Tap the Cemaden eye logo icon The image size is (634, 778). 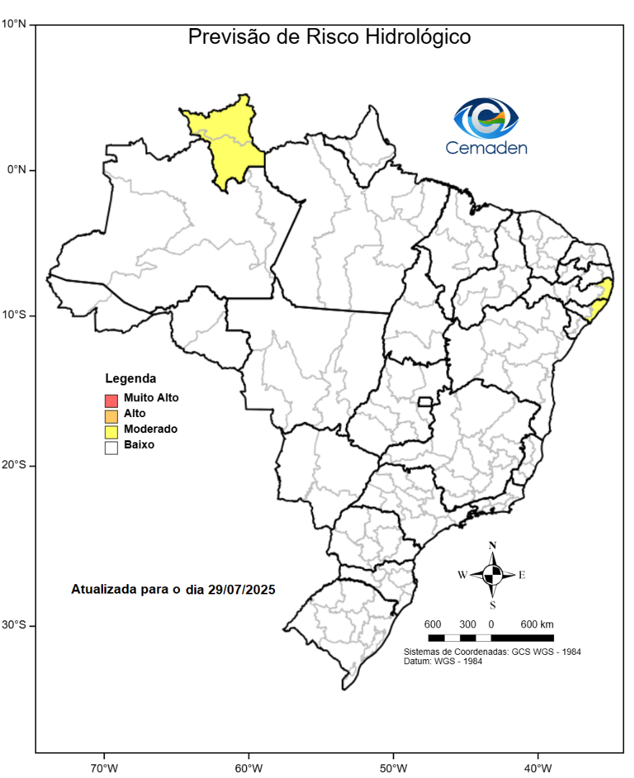click(x=486, y=118)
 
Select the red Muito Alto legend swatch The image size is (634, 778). click(x=110, y=399)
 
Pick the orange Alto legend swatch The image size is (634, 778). click(x=110, y=415)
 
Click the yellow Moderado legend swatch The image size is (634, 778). click(x=110, y=431)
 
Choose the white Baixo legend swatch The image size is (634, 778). click(x=110, y=447)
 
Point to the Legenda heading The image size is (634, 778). click(x=130, y=378)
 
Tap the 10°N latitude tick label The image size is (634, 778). click(x=14, y=24)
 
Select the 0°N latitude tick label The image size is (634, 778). click(x=17, y=169)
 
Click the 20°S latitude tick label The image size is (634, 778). click(x=14, y=465)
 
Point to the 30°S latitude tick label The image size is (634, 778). click(x=14, y=625)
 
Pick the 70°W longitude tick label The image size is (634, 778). click(x=104, y=766)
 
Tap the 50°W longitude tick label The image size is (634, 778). click(x=393, y=766)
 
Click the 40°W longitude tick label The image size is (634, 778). click(x=538, y=766)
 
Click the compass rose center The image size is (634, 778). click(x=492, y=575)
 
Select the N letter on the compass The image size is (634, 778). click(x=492, y=545)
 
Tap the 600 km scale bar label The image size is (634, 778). click(x=537, y=624)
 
